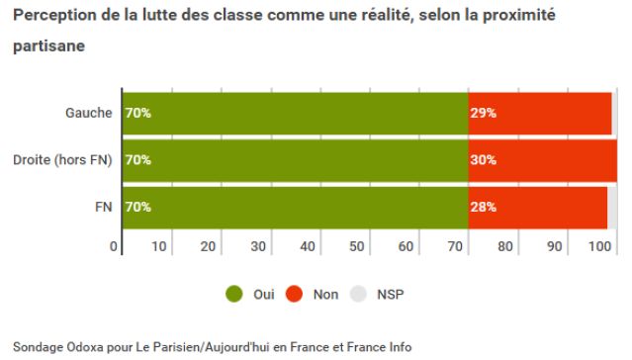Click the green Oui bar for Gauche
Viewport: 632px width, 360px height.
click(x=295, y=113)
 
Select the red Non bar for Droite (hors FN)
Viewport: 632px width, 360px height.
click(x=542, y=160)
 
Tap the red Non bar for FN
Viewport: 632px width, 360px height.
click(x=537, y=208)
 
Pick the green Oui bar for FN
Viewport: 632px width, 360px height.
click(x=295, y=208)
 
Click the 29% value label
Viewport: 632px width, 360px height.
click(x=483, y=113)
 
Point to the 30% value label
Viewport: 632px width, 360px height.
click(x=483, y=160)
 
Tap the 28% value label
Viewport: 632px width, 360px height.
click(x=483, y=208)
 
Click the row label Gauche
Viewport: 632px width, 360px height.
click(x=88, y=113)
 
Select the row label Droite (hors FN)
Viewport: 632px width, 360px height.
click(x=62, y=160)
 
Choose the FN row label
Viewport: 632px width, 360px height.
click(x=102, y=208)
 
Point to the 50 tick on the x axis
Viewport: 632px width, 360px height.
click(x=358, y=245)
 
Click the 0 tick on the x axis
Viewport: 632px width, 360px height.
click(x=115, y=245)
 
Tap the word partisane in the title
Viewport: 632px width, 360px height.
click(x=48, y=46)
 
